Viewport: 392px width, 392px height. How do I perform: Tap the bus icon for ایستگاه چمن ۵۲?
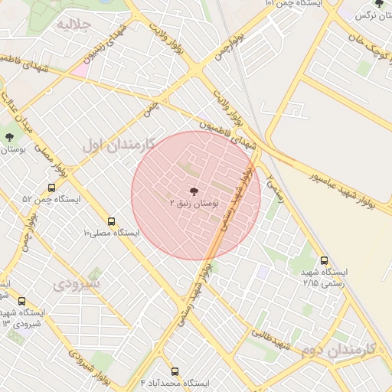point(51,188)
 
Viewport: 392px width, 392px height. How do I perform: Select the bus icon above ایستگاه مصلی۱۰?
point(112,220)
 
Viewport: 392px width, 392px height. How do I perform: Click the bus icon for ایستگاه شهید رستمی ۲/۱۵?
point(325,260)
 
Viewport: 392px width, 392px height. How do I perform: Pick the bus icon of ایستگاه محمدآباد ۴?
point(175,371)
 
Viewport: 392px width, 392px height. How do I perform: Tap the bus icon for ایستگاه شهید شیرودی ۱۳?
point(21,301)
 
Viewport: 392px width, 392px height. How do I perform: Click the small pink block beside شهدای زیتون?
point(80,70)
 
